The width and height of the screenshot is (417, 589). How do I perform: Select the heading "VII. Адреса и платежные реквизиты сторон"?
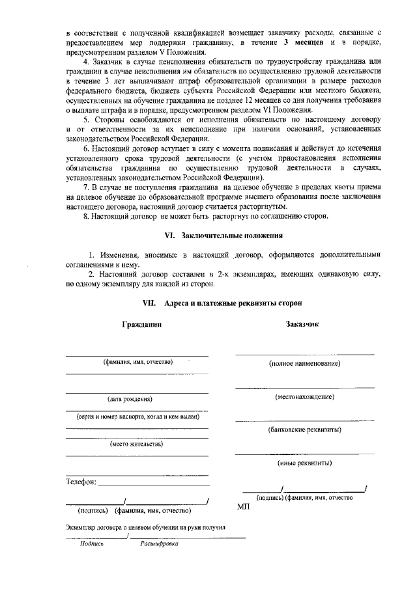pyautogui.click(x=222, y=303)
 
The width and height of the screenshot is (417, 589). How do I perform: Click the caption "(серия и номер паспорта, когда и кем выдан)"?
pyautogui.click(x=137, y=416)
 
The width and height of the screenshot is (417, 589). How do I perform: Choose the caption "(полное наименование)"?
pyautogui.click(x=305, y=364)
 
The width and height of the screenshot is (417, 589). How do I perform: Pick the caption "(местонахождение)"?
pyautogui.click(x=305, y=396)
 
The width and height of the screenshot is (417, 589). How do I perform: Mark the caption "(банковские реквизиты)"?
pyautogui.click(x=305, y=430)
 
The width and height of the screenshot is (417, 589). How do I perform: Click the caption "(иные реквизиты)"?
pyautogui.click(x=305, y=463)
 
